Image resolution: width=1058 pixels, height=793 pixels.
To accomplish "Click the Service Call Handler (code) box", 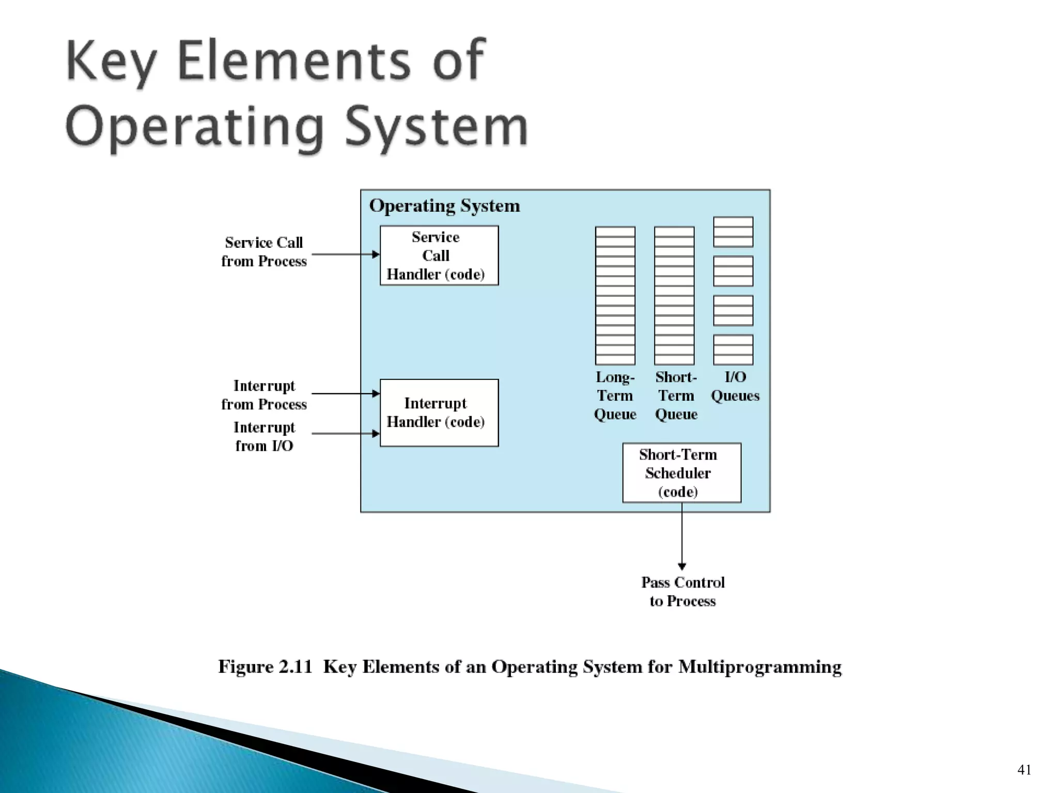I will [x=439, y=256].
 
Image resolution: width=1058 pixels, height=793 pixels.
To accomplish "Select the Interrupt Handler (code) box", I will [x=439, y=413].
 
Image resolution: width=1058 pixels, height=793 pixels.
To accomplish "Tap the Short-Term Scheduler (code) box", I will [x=681, y=472].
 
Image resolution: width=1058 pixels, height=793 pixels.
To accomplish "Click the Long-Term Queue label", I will [x=615, y=395].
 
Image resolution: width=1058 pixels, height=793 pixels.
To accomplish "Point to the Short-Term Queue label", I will [x=676, y=395].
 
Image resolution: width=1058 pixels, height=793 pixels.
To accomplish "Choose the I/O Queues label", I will [x=735, y=386].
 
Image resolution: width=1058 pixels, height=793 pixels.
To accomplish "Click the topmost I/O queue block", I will [x=733, y=232].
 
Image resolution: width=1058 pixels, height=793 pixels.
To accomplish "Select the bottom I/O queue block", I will [x=733, y=350].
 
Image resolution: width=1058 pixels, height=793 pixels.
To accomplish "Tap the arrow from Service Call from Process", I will [x=345, y=254].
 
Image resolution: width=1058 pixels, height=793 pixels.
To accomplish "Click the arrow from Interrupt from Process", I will [x=345, y=393].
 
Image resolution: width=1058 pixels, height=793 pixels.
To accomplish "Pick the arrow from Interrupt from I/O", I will [x=345, y=434].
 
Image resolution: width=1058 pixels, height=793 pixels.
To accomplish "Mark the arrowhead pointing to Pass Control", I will [x=682, y=566].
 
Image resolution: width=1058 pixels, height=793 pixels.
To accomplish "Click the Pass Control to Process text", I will [x=682, y=592].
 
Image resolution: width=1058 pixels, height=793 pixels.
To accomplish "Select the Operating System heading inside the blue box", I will [x=444, y=206].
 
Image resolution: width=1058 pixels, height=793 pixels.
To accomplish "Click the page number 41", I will [x=1024, y=770].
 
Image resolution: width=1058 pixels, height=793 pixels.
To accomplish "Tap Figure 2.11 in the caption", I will [x=265, y=667].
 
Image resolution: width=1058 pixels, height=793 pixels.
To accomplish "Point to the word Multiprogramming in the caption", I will [x=759, y=667].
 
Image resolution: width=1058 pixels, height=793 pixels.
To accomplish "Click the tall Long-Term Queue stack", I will [x=615, y=295].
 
